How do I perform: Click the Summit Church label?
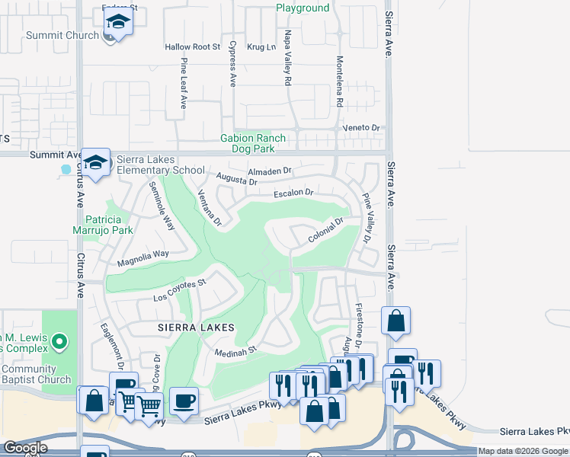coord(62,35)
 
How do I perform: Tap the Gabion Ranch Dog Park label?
coord(253,143)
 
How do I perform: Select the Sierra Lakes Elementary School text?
coord(157,165)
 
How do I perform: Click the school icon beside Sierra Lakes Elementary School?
coord(96,163)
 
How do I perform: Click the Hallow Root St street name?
coord(192,47)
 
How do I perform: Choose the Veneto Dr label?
coord(360,128)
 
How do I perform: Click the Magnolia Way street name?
coord(142,259)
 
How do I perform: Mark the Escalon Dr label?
coord(294,193)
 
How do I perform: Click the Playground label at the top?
coord(303,8)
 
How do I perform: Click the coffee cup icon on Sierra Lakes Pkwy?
coord(184,401)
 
